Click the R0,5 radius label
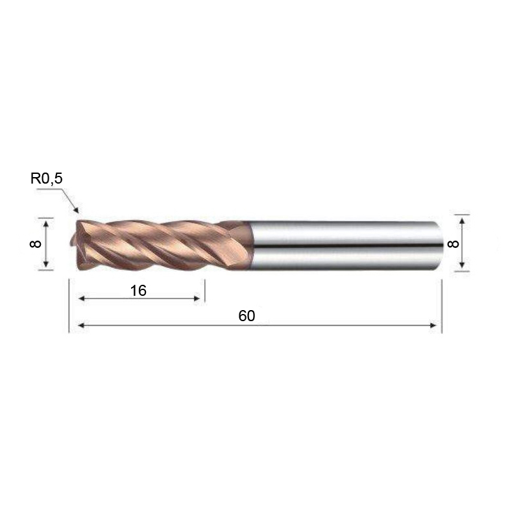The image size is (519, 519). coord(46,179)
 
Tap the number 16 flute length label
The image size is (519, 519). coord(138,291)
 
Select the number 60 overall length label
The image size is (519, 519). coord(247,316)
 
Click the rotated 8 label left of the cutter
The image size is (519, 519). coord(36,244)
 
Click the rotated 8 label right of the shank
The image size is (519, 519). coord(453,244)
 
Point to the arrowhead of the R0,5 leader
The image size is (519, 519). coord(76,210)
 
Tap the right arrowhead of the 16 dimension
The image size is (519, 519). coord(197,298)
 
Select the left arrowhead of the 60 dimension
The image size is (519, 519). coord(81,326)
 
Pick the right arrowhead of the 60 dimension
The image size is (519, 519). coord(433,326)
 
